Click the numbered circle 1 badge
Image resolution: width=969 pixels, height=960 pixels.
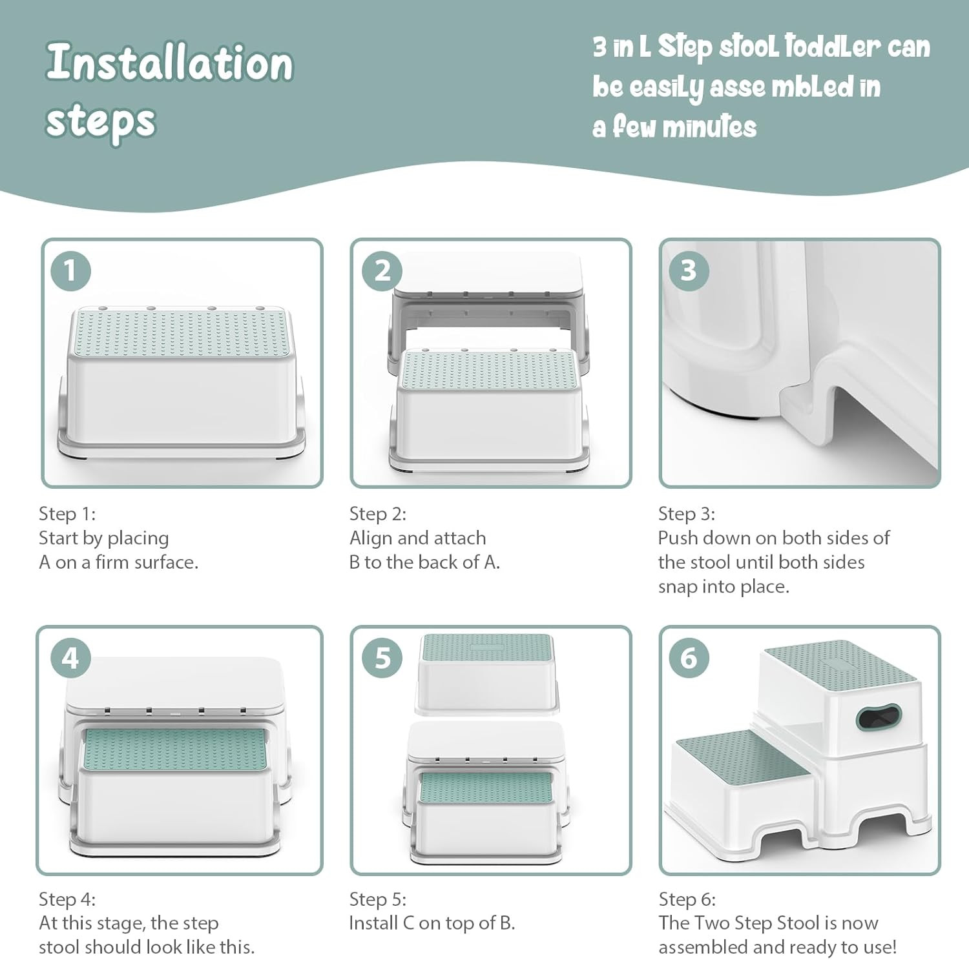point(70,271)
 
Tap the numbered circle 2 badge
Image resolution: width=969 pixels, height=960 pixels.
point(382,271)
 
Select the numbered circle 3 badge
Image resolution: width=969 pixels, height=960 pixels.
point(689,271)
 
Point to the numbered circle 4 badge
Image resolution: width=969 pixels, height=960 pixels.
point(70,658)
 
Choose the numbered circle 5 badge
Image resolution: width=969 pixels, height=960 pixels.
point(382,658)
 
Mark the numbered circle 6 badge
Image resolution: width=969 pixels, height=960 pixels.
point(689,658)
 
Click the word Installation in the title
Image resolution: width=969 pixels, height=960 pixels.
point(170,63)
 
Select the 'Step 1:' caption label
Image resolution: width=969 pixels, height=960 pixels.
point(67,514)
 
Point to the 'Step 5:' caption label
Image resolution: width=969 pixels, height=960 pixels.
point(378,899)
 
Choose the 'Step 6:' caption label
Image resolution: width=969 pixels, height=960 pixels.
point(687,899)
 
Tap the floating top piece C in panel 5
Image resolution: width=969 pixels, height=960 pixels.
point(487,673)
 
